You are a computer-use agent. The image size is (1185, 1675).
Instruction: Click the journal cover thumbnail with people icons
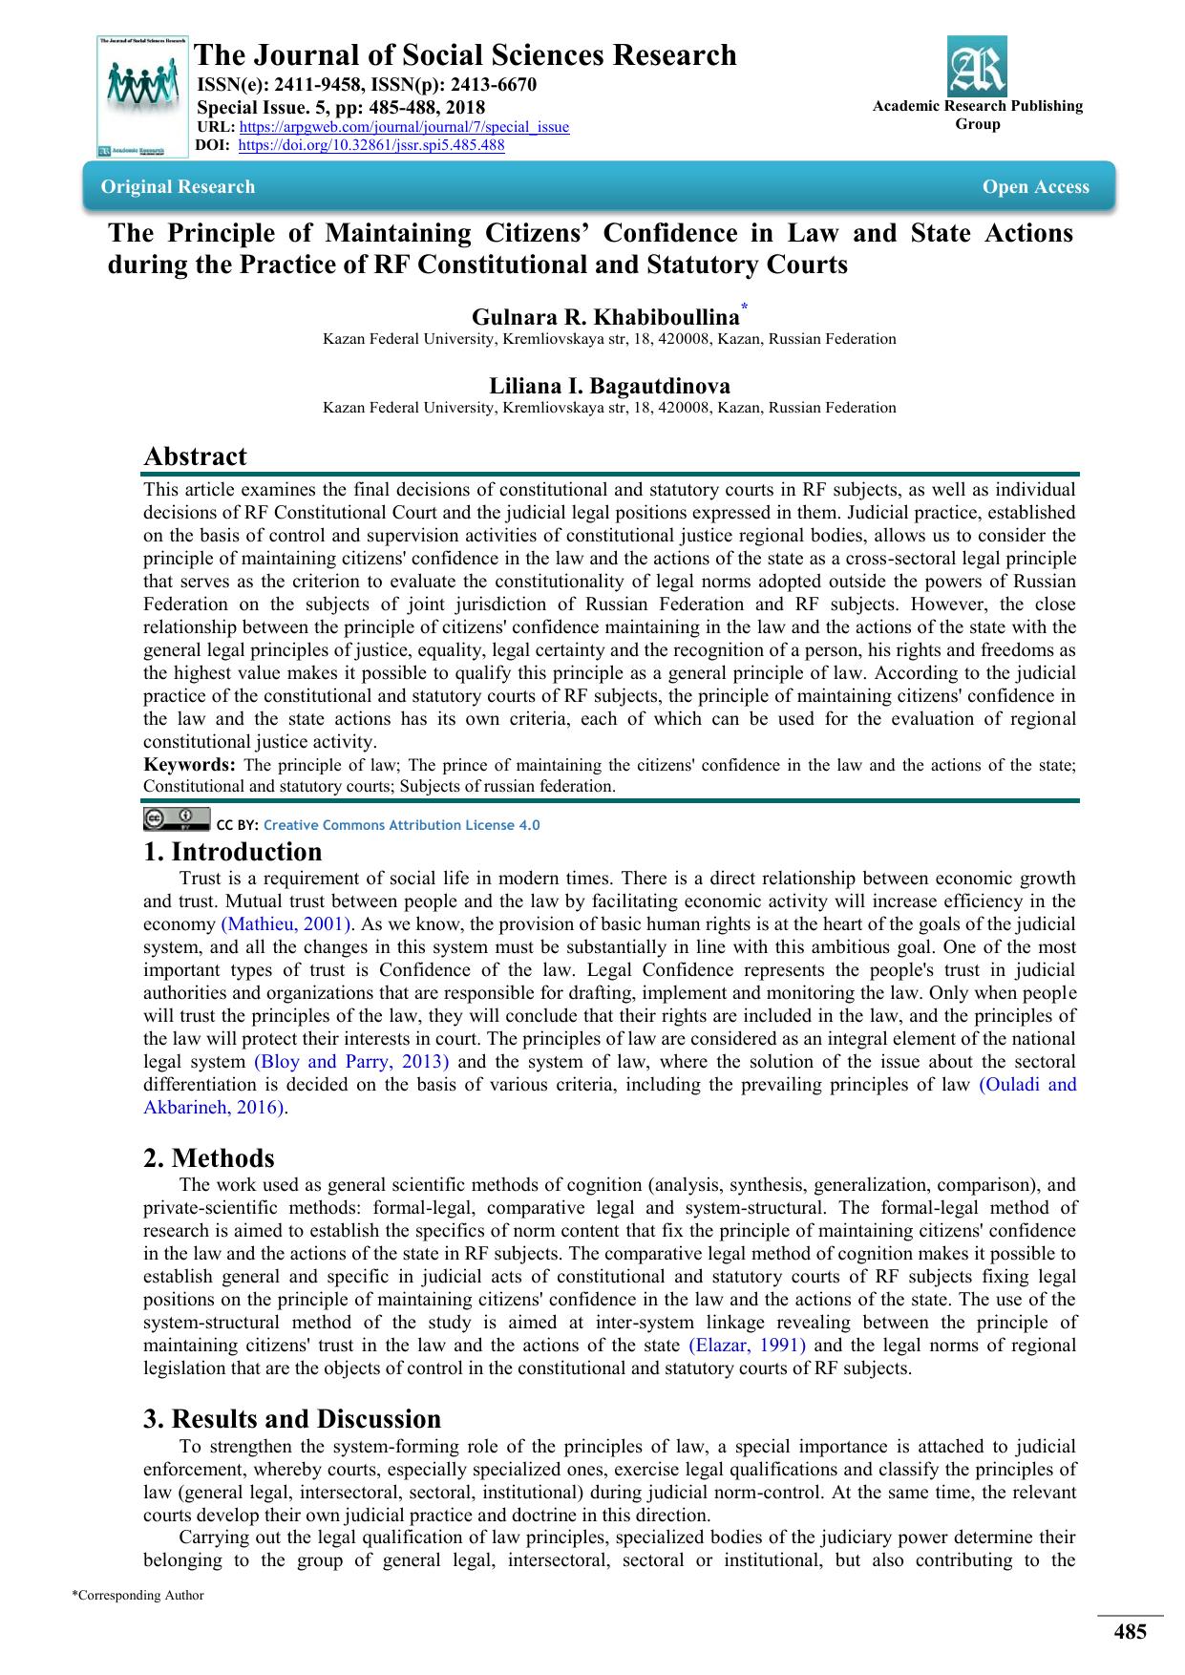click(142, 96)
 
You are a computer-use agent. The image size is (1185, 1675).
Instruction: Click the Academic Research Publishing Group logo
click(977, 66)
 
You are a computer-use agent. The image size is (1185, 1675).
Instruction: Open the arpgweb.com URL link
click(404, 127)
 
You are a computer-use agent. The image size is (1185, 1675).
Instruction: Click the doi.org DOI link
click(370, 145)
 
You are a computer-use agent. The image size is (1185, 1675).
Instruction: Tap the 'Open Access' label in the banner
click(1035, 187)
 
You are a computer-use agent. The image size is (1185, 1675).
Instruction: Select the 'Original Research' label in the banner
click(179, 187)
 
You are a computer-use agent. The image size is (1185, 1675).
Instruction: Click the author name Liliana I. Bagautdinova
click(609, 386)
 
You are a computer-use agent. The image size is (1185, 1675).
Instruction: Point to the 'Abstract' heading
click(195, 456)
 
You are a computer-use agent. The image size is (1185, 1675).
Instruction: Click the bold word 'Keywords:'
click(189, 765)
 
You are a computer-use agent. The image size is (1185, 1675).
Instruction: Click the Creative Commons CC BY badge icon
click(176, 819)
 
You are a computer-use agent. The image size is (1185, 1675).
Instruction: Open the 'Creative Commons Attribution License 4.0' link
click(401, 825)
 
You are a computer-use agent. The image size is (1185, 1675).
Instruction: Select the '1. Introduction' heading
click(233, 852)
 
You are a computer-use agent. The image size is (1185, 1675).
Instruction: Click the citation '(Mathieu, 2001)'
click(286, 924)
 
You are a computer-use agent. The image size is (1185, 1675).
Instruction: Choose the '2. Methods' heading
click(209, 1158)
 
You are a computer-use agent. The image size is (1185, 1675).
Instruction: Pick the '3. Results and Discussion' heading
click(292, 1419)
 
